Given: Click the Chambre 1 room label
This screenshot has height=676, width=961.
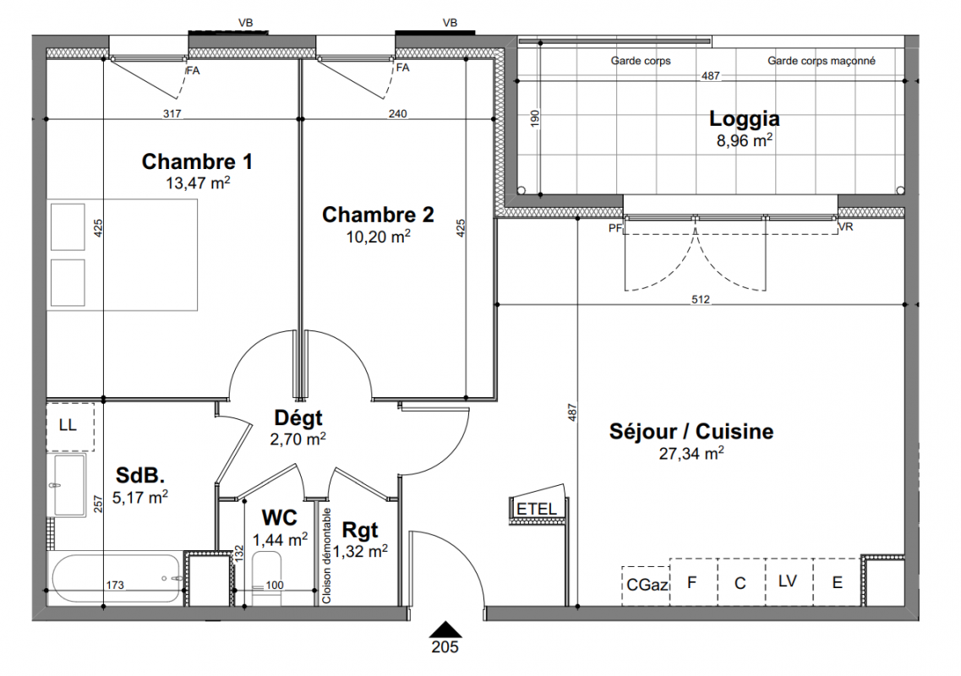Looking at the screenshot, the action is coord(197,161).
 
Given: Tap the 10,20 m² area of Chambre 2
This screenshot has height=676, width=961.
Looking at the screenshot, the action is coord(378,236).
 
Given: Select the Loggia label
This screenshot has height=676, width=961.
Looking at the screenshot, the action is coord(744,119).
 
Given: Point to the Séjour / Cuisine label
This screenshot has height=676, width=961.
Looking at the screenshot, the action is coord(691,432).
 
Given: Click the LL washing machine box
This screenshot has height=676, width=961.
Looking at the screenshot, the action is coord(70,427).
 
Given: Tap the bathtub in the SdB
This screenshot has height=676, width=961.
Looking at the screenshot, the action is coord(117,579).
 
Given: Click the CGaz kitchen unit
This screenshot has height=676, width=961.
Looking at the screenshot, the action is coord(646,586).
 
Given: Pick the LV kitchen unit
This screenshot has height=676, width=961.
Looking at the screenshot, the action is coord(789,581).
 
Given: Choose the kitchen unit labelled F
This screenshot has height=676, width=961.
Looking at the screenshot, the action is coord(692,581).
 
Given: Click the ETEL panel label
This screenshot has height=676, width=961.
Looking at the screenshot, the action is coord(537,509).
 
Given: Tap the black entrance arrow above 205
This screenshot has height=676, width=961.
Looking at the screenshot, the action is coord(445,630).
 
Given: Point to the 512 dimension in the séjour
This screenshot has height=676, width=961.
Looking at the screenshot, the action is coord(701,299).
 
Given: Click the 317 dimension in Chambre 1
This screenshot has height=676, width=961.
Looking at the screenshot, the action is coord(172,113).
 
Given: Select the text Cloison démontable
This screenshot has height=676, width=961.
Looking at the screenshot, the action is coord(326,556).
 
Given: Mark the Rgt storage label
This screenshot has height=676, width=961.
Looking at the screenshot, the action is coord(360,530).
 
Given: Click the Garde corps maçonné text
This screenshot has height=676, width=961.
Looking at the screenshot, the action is coord(822,61).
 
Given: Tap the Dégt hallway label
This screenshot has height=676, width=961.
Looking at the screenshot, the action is coord(298,418).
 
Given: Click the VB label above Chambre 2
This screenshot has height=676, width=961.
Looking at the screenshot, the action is coord(450,23).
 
